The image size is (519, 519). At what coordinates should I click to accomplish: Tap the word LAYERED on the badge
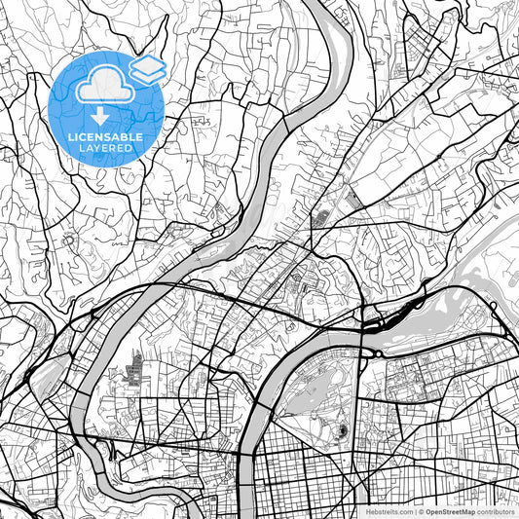(108, 150)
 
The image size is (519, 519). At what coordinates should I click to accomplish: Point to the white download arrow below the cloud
(101, 116)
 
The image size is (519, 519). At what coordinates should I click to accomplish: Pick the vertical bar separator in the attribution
(412, 510)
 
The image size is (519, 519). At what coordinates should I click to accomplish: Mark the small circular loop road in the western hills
(69, 240)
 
